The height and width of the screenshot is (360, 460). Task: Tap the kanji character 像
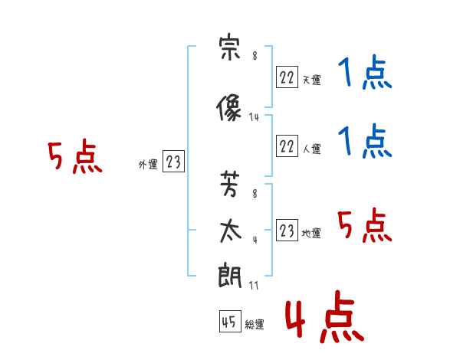[230, 109]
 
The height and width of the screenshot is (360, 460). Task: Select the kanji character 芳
[230, 185]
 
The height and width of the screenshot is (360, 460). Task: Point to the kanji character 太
[230, 231]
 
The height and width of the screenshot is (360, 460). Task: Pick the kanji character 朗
[230, 276]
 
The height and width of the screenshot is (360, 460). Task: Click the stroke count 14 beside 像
[255, 117]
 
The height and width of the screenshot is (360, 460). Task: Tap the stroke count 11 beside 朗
[254, 286]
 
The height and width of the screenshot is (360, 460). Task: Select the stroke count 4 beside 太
[254, 239]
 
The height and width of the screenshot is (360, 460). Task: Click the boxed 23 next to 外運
[173, 162]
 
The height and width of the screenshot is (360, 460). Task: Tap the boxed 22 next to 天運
[287, 77]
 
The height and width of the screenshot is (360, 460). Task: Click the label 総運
[255, 325]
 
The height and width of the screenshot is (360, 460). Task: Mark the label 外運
[147, 164]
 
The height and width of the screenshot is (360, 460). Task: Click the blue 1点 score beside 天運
[365, 74]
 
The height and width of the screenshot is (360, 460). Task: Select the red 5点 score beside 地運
[365, 227]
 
